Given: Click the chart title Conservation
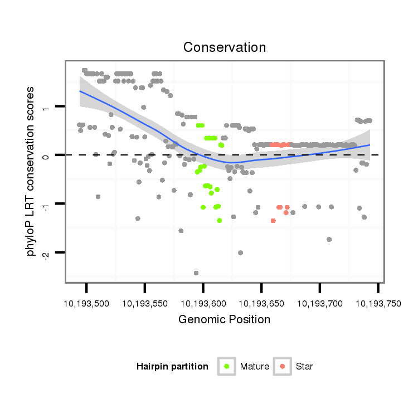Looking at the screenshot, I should point(225,47).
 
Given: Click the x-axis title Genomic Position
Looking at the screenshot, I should point(224,319).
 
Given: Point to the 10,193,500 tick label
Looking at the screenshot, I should point(86,304).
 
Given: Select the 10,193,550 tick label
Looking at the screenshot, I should point(145,304).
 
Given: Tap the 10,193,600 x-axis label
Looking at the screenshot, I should point(203,304).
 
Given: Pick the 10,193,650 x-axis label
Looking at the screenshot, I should point(261,304).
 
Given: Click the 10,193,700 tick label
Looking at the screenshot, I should point(319,304).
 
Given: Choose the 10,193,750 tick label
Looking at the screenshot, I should point(377,304).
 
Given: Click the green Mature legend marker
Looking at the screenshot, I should point(227,366).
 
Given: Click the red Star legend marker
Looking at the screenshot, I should point(283,366).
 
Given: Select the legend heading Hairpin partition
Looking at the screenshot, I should point(172,366).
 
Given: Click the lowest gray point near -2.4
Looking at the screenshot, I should point(196,273).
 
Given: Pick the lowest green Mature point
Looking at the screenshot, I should point(220,221).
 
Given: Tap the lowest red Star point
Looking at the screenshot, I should point(273,221).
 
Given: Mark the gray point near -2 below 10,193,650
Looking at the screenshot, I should point(240,252).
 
